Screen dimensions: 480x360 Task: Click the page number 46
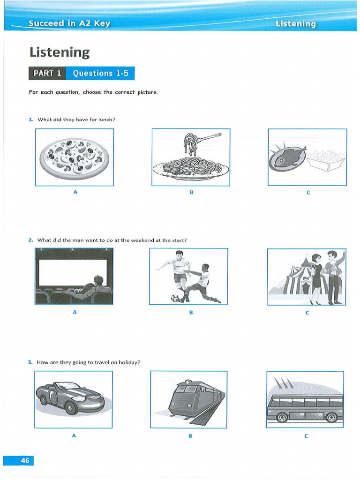24,461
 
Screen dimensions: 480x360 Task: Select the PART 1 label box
47,73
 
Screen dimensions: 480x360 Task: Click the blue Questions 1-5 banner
100,73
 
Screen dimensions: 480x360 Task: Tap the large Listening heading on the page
59,52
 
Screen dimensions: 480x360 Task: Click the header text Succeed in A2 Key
69,23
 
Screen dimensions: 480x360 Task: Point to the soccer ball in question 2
175,298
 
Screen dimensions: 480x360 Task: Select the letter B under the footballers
191,312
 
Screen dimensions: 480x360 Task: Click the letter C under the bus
306,436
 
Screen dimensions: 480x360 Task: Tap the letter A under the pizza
75,192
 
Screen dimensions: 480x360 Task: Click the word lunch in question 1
105,120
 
